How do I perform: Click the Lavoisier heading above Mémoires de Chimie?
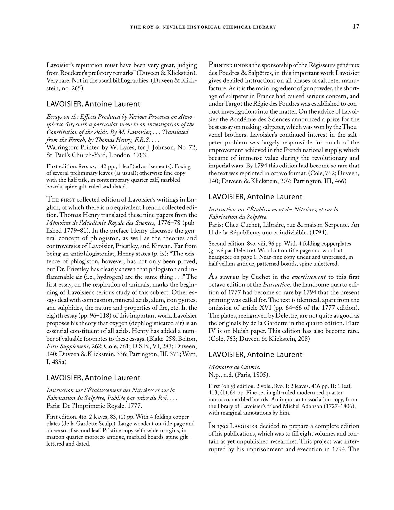click(x=255, y=354)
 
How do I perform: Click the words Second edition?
click(x=224, y=244)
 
